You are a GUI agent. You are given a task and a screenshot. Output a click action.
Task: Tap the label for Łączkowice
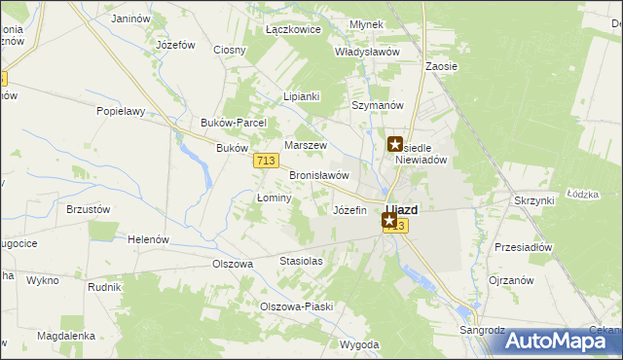[293, 30]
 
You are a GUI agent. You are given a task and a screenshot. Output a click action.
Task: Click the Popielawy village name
[121, 111]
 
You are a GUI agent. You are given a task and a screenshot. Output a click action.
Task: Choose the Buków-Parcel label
[226, 124]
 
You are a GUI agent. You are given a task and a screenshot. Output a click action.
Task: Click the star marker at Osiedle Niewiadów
[395, 145]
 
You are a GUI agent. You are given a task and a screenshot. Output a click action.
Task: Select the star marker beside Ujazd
[389, 221]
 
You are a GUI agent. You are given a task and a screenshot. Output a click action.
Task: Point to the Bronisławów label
[319, 175]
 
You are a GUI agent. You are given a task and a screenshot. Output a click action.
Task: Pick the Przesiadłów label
[523, 247]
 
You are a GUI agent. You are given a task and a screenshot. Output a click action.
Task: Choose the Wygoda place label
[359, 345]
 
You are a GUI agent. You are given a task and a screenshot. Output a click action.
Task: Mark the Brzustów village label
[88, 209]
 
